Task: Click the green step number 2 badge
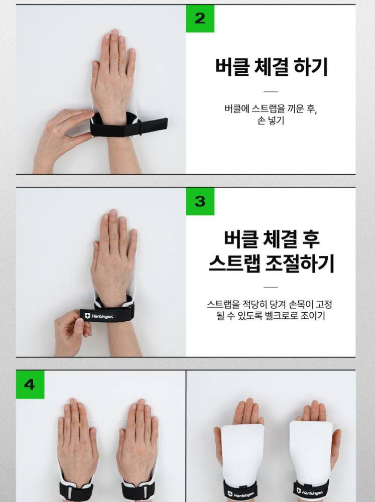coord(200,19)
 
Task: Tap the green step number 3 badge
coord(200,201)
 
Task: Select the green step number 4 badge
coord(30,384)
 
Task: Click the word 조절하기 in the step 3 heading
coord(300,263)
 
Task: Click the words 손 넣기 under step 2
coord(271,120)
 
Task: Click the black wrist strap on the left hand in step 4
coord(76,490)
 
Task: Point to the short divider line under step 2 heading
coord(271,91)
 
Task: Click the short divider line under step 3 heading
coord(271,287)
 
